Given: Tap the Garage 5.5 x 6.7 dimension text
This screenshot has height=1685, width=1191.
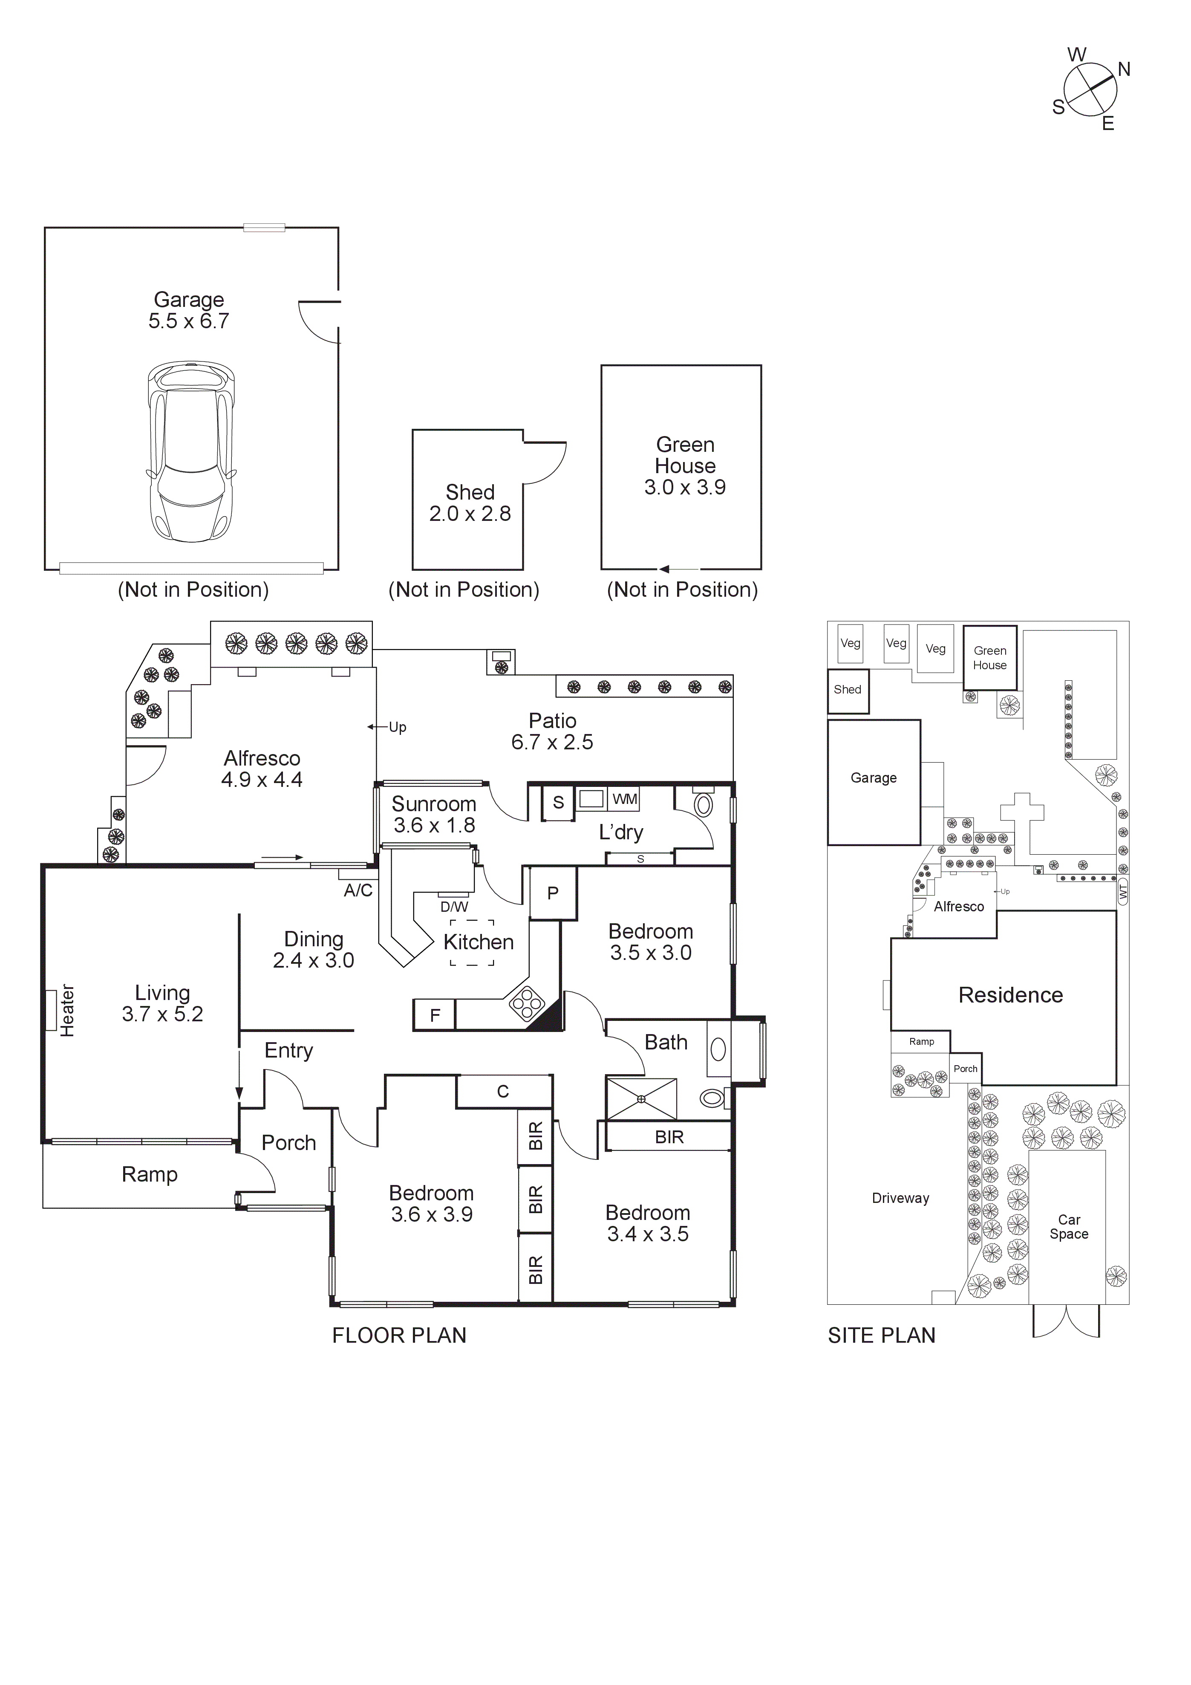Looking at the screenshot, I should tap(189, 310).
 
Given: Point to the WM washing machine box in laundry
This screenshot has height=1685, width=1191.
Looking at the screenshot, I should tap(625, 798).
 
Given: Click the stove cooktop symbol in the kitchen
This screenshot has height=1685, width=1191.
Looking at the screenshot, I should tap(527, 1003).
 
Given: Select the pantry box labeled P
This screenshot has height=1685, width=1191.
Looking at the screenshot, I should tap(553, 893).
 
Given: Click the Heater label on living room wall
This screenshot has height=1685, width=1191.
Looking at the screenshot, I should tap(67, 1011).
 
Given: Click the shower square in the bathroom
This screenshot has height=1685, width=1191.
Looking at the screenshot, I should tap(640, 1098).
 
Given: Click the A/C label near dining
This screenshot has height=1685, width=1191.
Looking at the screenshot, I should tap(358, 890).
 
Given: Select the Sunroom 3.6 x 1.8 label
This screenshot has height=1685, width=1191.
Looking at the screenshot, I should tap(434, 815).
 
